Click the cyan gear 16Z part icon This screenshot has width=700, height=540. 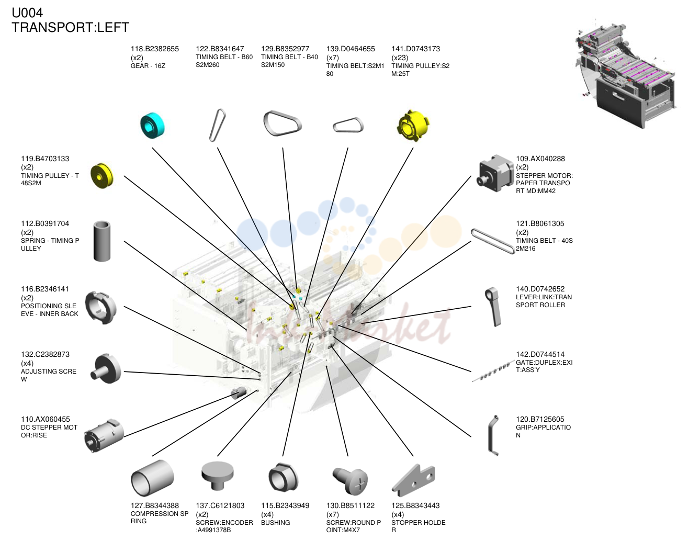tap(152, 126)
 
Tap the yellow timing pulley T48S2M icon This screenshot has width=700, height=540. tap(102, 176)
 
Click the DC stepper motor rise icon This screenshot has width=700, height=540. tap(104, 435)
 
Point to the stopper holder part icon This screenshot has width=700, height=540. tap(413, 480)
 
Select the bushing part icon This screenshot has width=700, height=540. tap(283, 477)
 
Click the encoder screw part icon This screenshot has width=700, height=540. tap(218, 476)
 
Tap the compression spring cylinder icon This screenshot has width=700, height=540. tap(152, 478)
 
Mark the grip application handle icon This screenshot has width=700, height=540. tap(493, 435)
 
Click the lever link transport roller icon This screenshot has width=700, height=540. tap(493, 307)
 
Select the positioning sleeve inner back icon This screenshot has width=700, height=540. tap(101, 308)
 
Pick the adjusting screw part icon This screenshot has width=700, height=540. tap(106, 368)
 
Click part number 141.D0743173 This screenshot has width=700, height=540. tap(415, 49)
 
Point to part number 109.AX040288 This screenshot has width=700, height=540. tap(540, 159)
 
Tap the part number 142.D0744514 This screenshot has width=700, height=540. tap(540, 354)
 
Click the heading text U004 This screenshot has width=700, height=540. tap(27, 13)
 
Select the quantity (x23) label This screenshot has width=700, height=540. tap(400, 58)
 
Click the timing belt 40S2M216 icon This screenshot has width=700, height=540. tap(493, 241)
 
